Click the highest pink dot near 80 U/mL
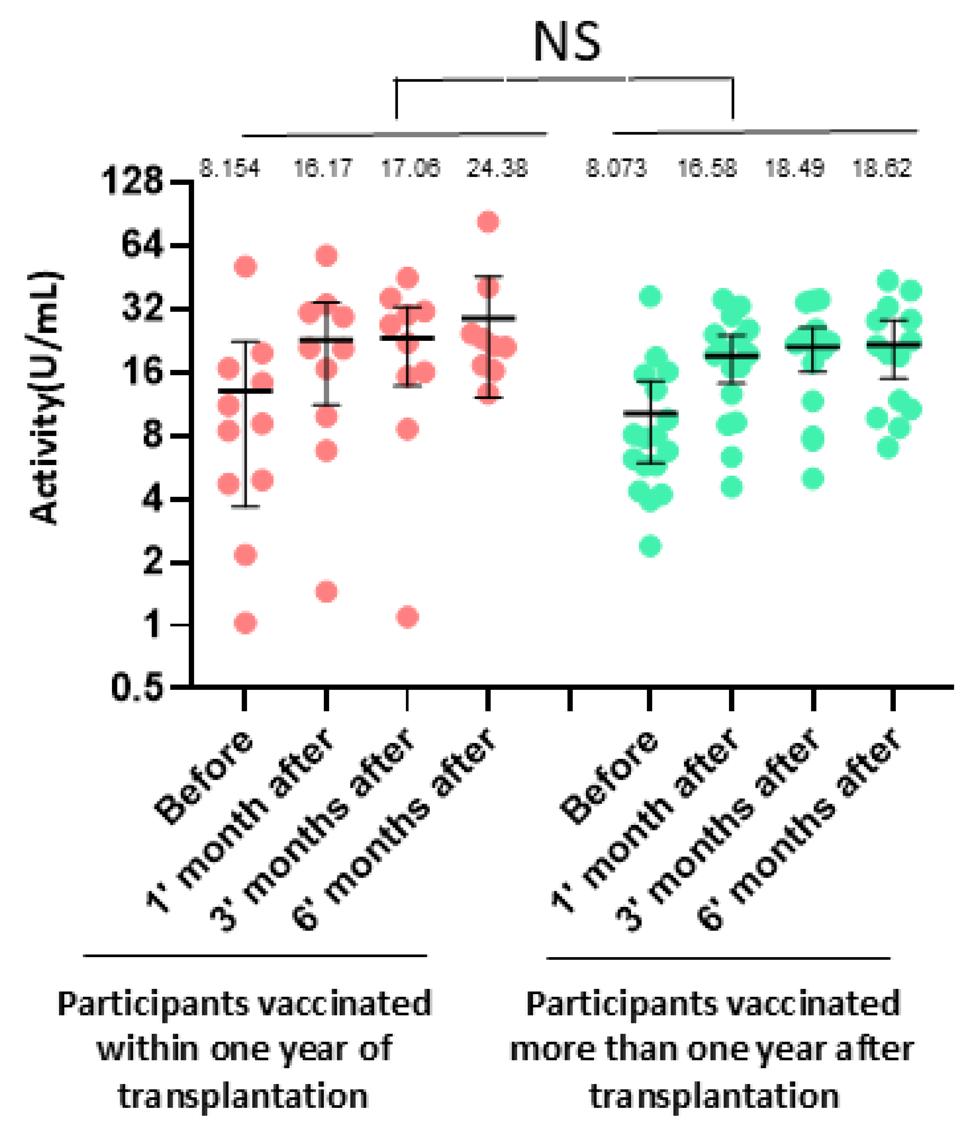tap(488, 222)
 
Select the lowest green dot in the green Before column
tap(650, 546)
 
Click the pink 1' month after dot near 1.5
tap(327, 591)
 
